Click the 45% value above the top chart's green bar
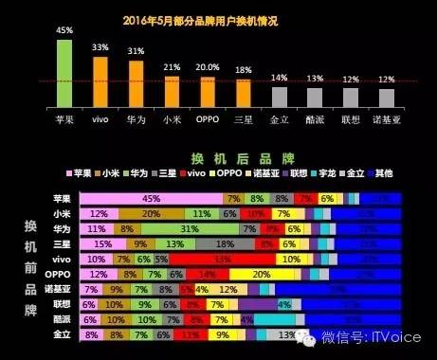point(64,31)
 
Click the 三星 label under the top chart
point(243,120)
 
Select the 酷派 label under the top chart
point(315,120)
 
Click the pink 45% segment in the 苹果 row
point(152,198)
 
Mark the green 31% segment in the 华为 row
point(189,228)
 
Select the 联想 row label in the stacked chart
point(63,304)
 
